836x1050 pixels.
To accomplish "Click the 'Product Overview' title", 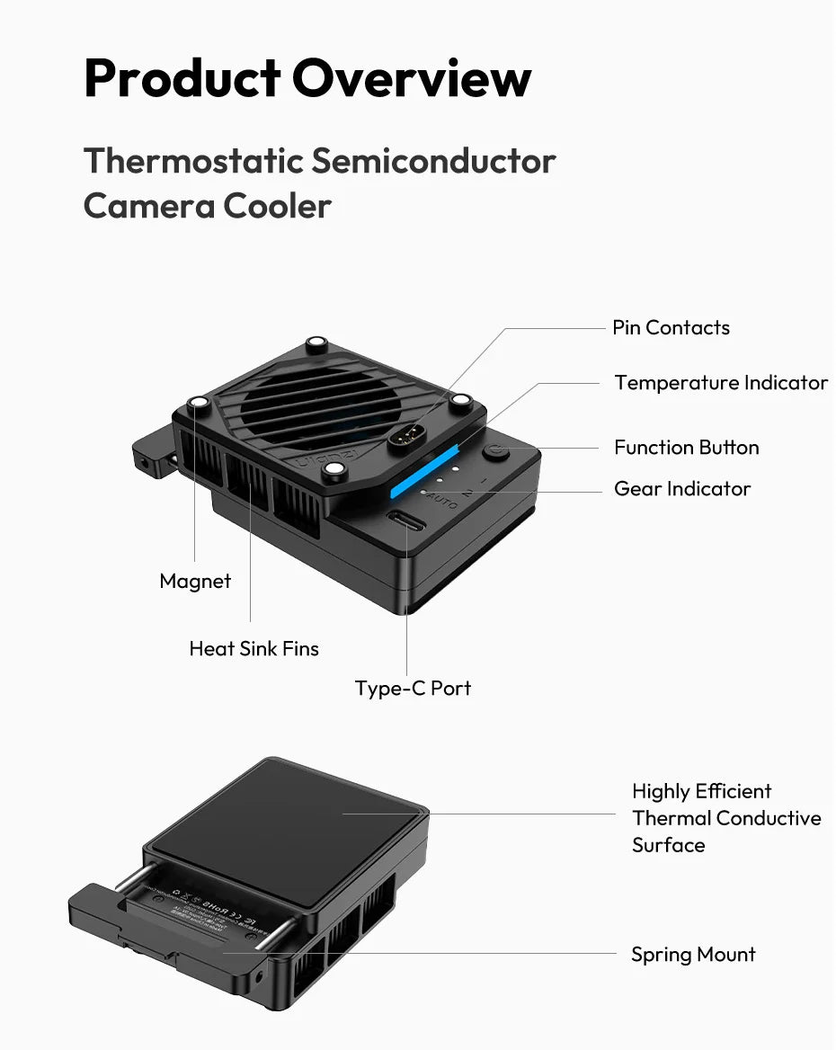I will point(307,78).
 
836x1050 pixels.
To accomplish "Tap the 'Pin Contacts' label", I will point(671,328).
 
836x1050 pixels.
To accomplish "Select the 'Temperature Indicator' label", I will point(720,383).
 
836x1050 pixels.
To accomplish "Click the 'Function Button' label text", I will point(686,448).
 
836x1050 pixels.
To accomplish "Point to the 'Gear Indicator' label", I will point(681,489).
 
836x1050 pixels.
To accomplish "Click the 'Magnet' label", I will point(195,582).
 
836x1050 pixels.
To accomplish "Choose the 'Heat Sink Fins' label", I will point(253,649).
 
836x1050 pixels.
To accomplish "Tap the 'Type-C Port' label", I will point(413,689).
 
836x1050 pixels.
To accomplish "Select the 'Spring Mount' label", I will point(693,955).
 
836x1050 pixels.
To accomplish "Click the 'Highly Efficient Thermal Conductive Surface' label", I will point(725,818).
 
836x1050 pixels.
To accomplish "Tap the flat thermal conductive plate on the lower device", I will point(288,827).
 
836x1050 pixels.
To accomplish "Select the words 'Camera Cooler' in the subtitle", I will point(208,207).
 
